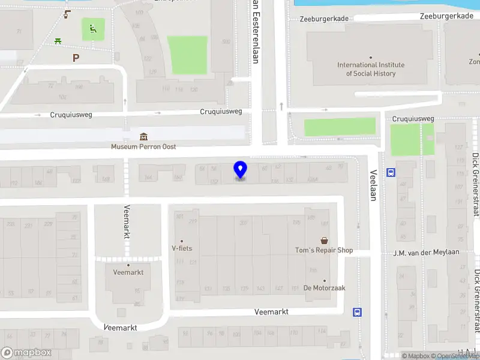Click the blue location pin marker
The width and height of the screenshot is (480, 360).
(x=241, y=170)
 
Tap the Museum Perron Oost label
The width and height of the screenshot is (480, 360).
(x=143, y=146)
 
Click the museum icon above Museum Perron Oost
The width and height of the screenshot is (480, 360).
(x=143, y=137)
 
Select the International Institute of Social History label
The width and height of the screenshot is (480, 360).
(x=371, y=69)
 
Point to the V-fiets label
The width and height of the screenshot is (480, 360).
(x=182, y=248)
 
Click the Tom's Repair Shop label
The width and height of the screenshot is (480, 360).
(x=324, y=250)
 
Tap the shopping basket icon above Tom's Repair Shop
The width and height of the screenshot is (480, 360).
(x=324, y=240)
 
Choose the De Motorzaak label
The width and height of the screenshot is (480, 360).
(x=324, y=288)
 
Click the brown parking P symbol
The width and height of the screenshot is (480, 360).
(x=76, y=58)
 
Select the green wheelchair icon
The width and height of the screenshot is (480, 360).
(x=93, y=28)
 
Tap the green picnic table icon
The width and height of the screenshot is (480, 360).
(x=58, y=41)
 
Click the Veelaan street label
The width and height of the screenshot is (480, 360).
(x=373, y=184)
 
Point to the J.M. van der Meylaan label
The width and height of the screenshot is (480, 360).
(x=427, y=252)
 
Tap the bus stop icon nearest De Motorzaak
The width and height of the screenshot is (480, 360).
(x=358, y=312)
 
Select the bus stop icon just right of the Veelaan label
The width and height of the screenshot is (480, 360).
(x=391, y=173)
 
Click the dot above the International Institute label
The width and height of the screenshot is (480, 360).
(x=371, y=57)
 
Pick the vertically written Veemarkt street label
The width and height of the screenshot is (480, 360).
(x=127, y=222)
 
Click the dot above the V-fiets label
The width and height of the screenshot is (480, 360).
(x=182, y=241)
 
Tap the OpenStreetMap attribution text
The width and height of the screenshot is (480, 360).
(x=458, y=356)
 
